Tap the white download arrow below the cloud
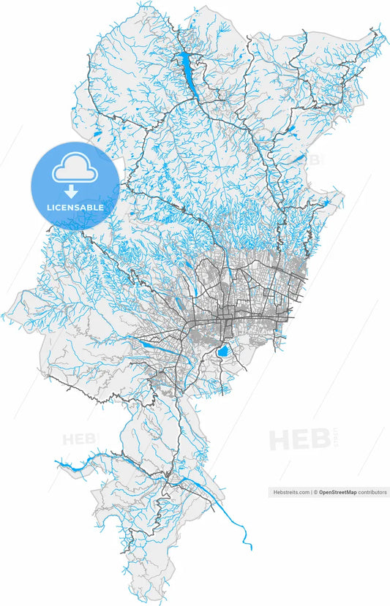(x=72, y=192)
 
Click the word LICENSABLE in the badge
(x=75, y=208)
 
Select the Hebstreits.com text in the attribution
(x=289, y=493)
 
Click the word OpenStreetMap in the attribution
(x=337, y=493)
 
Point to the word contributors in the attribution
(x=372, y=493)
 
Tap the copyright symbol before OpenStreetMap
(x=315, y=493)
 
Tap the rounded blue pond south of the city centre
(x=221, y=353)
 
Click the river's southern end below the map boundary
(x=250, y=548)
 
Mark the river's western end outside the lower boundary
(x=56, y=462)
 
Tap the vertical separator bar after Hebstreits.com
(x=310, y=493)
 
